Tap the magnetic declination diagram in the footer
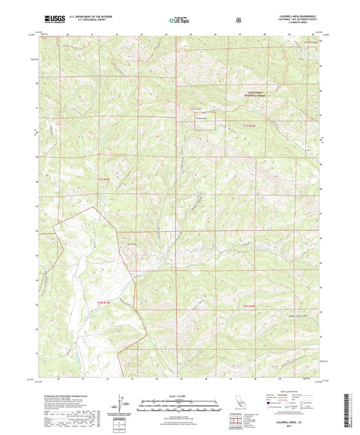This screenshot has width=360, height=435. pos(122,405)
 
